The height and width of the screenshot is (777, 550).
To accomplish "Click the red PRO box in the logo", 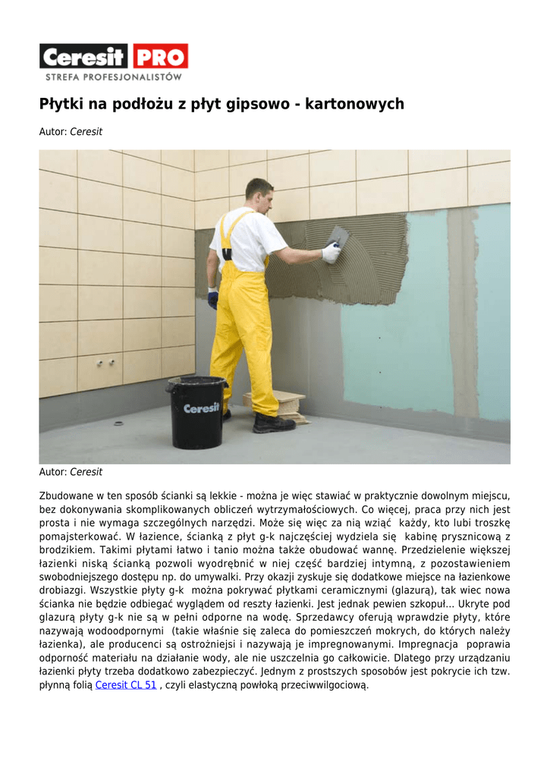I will click(x=160, y=57).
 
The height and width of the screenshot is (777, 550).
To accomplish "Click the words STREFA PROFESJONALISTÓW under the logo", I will click(x=113, y=77).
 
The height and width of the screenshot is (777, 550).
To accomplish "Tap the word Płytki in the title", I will click(x=61, y=104).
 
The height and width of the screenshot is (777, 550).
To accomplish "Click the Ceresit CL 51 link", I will click(x=126, y=684).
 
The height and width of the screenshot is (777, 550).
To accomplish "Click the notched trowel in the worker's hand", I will click(x=338, y=237).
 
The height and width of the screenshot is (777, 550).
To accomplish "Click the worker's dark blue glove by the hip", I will click(x=213, y=298).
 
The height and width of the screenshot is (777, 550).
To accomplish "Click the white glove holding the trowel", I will click(x=331, y=253).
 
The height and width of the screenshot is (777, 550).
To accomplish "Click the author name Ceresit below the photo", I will click(x=86, y=472).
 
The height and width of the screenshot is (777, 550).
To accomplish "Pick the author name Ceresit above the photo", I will click(x=86, y=132).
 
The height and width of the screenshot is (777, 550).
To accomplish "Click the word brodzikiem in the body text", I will click(x=66, y=549).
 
